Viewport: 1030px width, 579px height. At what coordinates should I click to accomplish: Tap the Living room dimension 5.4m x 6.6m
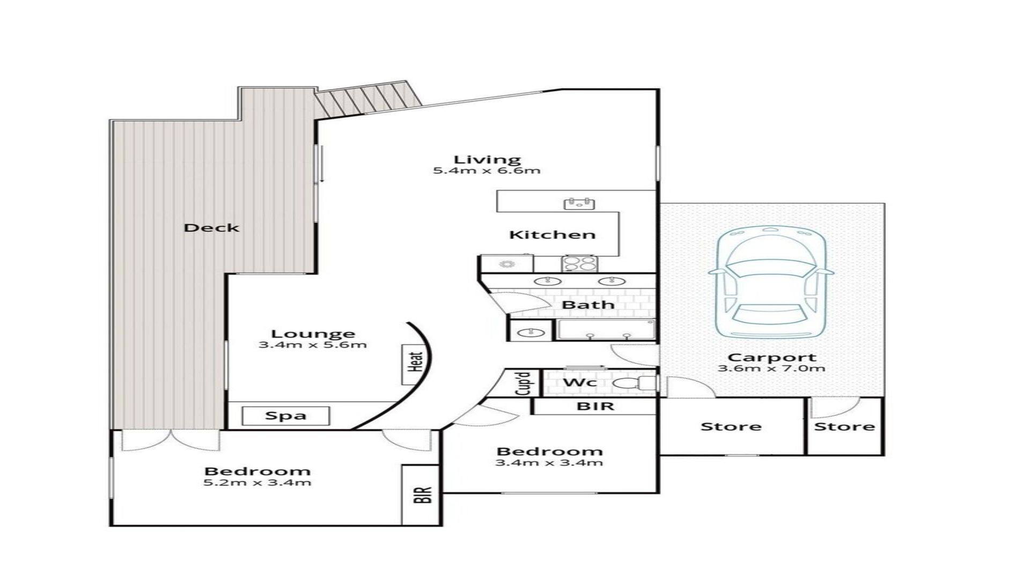point(487,171)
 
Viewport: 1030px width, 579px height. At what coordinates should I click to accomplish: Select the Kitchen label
point(552,235)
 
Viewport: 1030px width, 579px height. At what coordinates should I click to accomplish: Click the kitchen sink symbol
point(579,203)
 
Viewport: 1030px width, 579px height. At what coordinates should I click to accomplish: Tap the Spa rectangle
point(285,415)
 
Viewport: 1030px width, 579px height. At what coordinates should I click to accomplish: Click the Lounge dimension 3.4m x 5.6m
point(313,345)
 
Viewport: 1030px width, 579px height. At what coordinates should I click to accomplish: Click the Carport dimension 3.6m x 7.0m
point(771,368)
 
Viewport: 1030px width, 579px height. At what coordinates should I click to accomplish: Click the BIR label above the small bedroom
point(595,406)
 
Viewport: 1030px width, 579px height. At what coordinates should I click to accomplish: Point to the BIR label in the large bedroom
point(423,494)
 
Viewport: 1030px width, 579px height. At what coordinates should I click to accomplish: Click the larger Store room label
point(731,427)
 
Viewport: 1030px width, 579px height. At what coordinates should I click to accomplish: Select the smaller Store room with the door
point(845,426)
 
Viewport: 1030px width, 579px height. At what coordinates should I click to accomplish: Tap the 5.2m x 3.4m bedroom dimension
point(257,483)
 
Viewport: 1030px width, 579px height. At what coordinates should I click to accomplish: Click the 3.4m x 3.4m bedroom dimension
point(549,463)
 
